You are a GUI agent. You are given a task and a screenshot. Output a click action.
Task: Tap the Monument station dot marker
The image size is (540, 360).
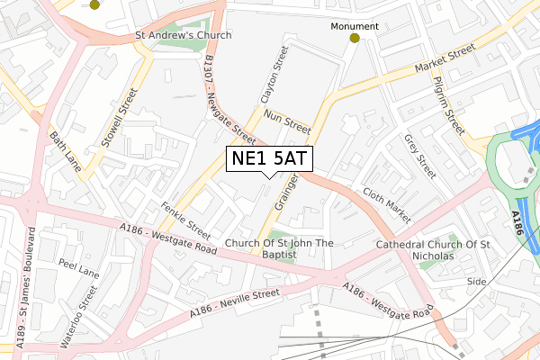click(x=355, y=39)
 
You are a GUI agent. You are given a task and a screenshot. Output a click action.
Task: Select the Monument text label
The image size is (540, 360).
click(x=355, y=26)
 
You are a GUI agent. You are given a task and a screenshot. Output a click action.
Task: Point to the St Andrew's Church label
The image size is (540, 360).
click(x=183, y=35)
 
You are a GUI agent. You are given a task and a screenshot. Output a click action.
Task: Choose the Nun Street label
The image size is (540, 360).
click(x=287, y=123)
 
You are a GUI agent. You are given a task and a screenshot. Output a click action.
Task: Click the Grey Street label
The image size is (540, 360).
click(x=419, y=157)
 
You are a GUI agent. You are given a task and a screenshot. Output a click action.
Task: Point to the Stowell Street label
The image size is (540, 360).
click(x=119, y=117)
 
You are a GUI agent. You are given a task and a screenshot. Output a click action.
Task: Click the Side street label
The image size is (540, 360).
click(x=475, y=282)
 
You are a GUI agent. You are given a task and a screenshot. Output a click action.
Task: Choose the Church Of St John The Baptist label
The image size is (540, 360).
click(x=279, y=248)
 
